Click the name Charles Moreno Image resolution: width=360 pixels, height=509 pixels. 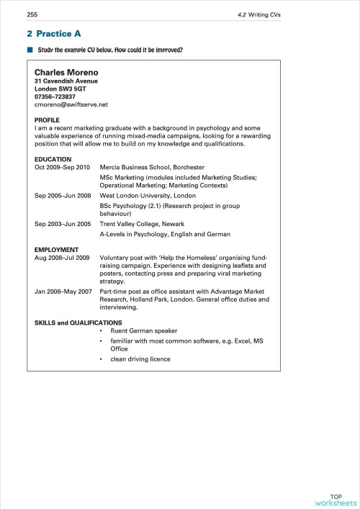coord(66,73)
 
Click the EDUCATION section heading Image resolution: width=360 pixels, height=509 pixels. coord(53,159)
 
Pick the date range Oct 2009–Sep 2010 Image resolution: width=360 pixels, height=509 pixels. coord(63,168)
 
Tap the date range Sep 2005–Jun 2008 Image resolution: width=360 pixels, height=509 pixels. coord(63,195)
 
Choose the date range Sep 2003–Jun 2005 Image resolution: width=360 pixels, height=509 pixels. coord(63,224)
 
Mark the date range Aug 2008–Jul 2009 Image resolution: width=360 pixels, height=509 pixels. coord(62,257)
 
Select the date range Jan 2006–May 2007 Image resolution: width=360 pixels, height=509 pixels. coord(62,291)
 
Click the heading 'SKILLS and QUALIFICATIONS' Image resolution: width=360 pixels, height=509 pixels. coord(78,323)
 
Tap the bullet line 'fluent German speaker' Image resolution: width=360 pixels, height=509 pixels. coord(143,331)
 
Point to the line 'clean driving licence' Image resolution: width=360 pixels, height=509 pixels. coord(140,359)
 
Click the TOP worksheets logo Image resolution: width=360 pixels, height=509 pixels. coord(336,500)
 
